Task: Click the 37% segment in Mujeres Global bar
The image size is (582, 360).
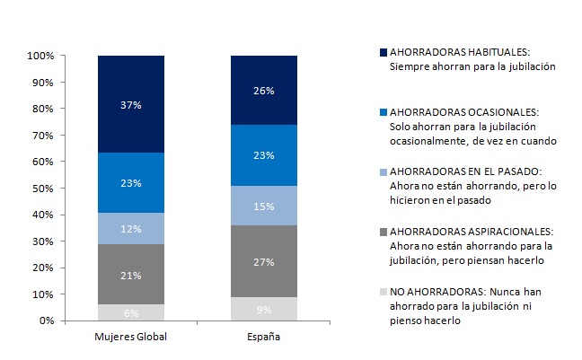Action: (x=131, y=104)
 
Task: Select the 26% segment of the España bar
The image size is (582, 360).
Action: (x=264, y=90)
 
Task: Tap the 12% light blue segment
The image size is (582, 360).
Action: (x=131, y=228)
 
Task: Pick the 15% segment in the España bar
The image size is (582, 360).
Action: (x=264, y=206)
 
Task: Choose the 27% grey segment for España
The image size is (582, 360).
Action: (x=264, y=261)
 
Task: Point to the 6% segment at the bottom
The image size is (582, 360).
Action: (x=131, y=312)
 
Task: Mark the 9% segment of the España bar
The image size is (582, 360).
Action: (x=264, y=309)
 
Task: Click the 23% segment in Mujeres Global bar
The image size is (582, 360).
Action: (x=131, y=183)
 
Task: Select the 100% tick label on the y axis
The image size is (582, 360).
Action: (x=41, y=56)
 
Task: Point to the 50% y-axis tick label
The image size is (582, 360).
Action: (x=44, y=189)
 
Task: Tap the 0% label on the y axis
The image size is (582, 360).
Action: (x=47, y=320)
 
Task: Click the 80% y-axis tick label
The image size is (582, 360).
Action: (x=44, y=109)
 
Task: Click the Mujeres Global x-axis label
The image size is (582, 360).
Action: (x=131, y=338)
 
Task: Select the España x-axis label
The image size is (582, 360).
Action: (x=264, y=338)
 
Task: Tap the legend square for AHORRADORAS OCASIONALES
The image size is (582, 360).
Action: (x=384, y=113)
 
